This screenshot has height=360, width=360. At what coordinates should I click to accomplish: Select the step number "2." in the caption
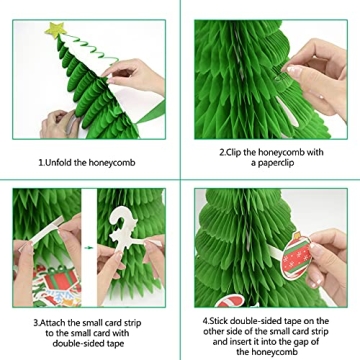pyautogui.click(x=223, y=153)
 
